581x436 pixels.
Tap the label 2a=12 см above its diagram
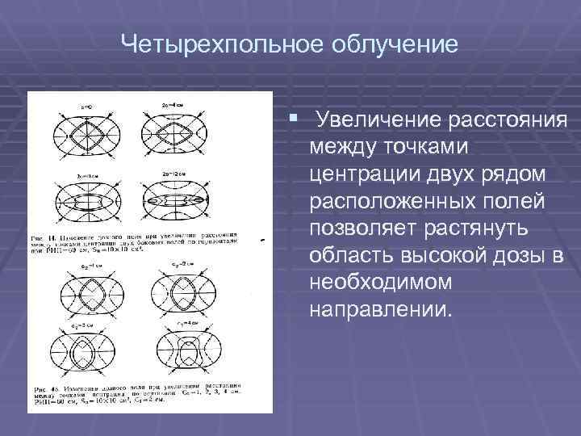tap(177, 173)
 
